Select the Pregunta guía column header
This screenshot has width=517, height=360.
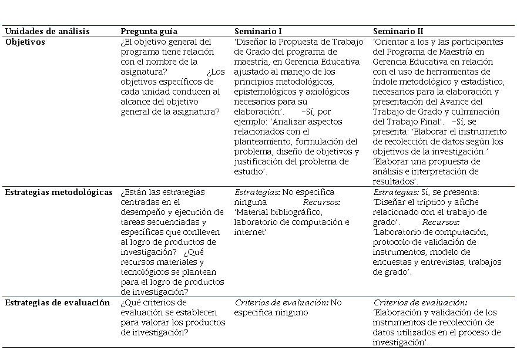[x=149, y=31]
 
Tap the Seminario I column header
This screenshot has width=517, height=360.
[x=258, y=31]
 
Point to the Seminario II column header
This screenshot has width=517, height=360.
[x=398, y=31]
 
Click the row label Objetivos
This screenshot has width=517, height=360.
[x=25, y=42]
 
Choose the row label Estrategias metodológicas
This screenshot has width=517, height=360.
[x=59, y=192]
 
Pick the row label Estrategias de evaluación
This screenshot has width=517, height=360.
[x=58, y=302]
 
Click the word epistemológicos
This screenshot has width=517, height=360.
[x=264, y=92]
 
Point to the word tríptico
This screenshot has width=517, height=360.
[x=429, y=202]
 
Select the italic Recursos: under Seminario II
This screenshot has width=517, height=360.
[x=441, y=223]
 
